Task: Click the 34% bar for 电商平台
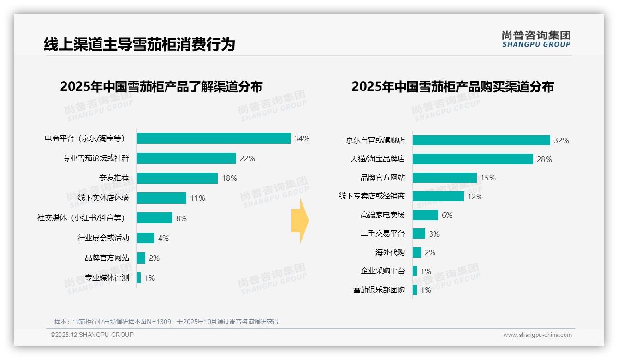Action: tap(213, 138)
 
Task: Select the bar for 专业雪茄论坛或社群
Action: tap(186, 158)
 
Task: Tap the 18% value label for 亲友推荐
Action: tap(229, 178)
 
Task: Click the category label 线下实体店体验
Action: tap(103, 198)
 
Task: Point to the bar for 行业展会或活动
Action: tap(145, 238)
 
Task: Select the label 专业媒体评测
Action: tap(107, 278)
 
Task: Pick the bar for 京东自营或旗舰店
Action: tap(481, 140)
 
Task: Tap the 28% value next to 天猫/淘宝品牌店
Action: tap(544, 159)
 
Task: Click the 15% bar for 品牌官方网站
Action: tap(445, 178)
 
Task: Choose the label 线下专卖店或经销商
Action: tap(371, 196)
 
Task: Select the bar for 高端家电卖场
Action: tap(425, 215)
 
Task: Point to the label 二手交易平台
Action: tap(382, 234)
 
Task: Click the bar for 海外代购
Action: tap(417, 252)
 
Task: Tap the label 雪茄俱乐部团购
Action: tap(379, 290)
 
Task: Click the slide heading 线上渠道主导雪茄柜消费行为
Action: tap(139, 44)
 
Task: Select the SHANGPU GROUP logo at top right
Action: tap(536, 39)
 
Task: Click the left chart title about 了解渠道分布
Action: tap(161, 87)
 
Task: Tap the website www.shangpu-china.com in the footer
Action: tap(537, 335)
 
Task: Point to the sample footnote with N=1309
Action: tap(166, 322)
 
